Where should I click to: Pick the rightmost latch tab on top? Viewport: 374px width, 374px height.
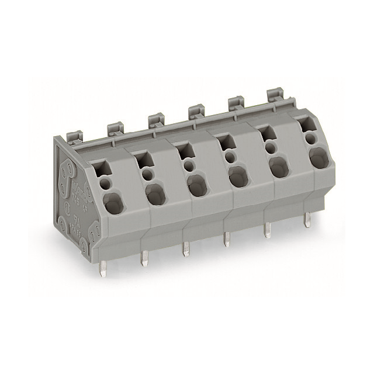[274, 95]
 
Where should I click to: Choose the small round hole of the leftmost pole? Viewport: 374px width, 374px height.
[106, 183]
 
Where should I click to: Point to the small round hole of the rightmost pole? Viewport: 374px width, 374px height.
[311, 138]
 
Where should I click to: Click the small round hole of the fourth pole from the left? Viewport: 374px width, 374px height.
[231, 157]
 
